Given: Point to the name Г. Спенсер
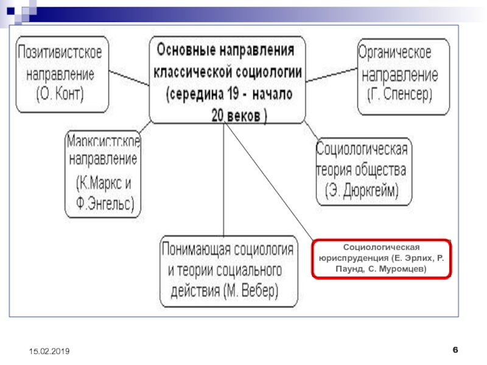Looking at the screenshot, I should coord(399,95).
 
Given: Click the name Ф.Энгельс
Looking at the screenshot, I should coord(103,201).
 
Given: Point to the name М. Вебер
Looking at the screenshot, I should coord(250,291).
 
